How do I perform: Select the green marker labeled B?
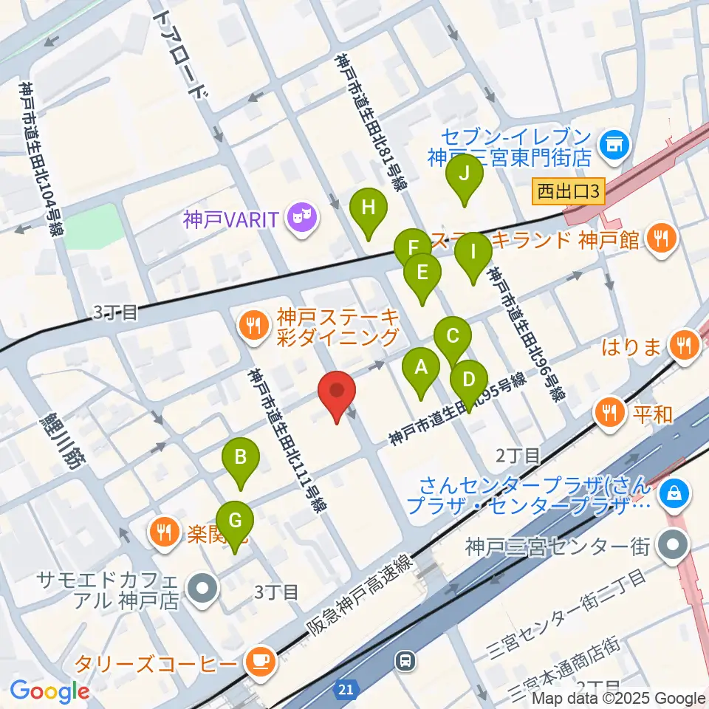pyautogui.click(x=240, y=459)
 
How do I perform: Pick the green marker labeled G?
pyautogui.click(x=235, y=521)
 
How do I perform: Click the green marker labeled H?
pyautogui.click(x=369, y=209)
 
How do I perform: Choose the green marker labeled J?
pyautogui.click(x=465, y=175)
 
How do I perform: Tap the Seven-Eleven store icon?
pyautogui.click(x=613, y=141)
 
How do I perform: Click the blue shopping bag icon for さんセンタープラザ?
pyautogui.click(x=674, y=492)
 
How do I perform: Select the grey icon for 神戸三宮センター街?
pyautogui.click(x=674, y=547)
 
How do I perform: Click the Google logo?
pyautogui.click(x=49, y=691)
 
